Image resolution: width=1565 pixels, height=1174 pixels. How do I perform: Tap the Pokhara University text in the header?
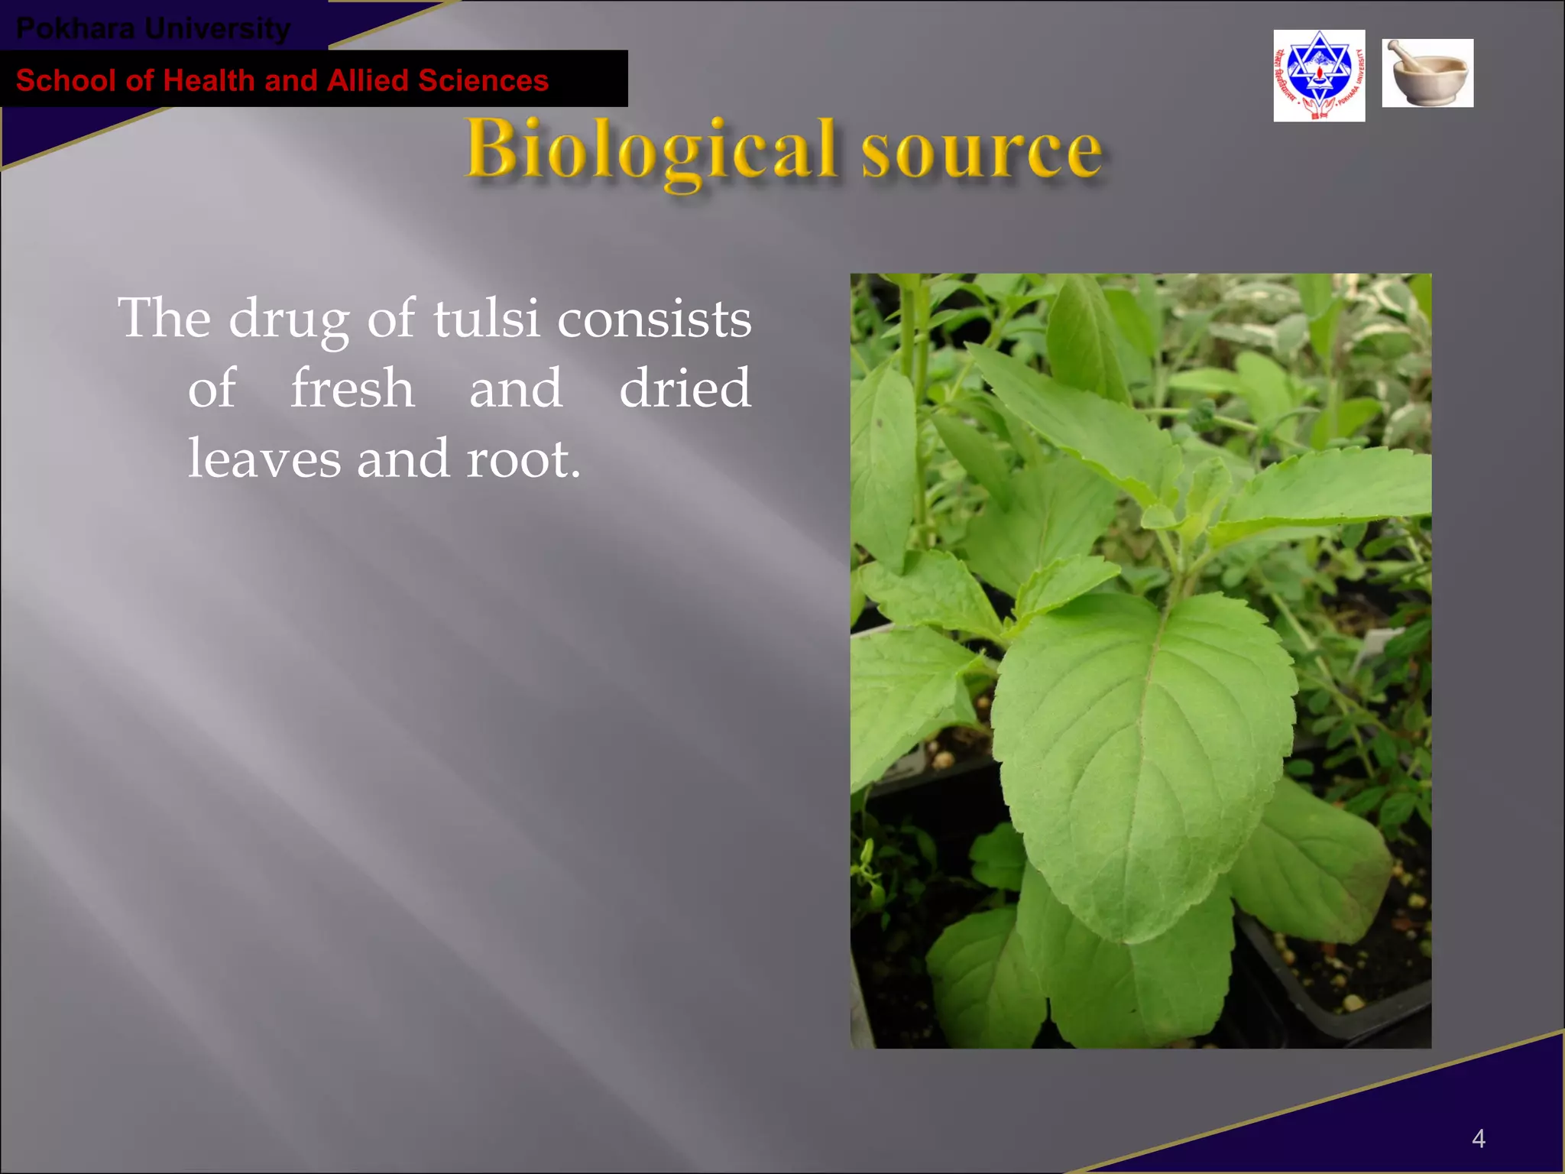click(153, 28)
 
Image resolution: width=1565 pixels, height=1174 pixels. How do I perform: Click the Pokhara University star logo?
click(1319, 75)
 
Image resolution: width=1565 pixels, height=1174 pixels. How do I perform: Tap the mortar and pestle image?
click(1427, 73)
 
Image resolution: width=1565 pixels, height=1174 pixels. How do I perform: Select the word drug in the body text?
click(288, 319)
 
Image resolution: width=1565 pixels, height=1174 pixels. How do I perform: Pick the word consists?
click(654, 318)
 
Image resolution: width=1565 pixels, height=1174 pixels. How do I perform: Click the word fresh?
click(352, 388)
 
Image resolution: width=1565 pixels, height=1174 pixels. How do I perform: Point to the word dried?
click(685, 388)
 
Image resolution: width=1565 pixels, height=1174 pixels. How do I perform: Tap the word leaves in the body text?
click(264, 458)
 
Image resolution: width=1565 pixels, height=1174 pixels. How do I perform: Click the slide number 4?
click(1478, 1139)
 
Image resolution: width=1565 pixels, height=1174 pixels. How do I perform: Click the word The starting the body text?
click(164, 318)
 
